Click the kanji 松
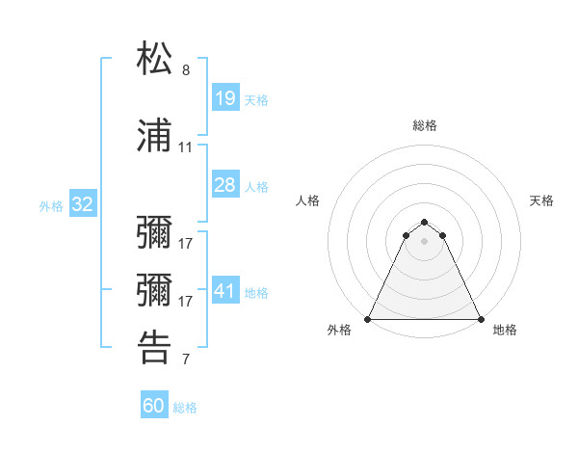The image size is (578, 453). tap(154, 59)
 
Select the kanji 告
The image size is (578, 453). tap(154, 348)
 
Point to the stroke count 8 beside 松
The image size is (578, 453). tap(186, 71)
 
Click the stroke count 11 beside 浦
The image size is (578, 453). tap(186, 147)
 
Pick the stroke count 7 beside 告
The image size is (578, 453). tap(186, 360)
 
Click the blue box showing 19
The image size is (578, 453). tap(224, 97)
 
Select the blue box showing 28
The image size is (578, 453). tap(224, 185)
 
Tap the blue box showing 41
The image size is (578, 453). tap(224, 291)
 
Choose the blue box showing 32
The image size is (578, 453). tap(83, 204)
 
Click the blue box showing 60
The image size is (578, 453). tap(154, 406)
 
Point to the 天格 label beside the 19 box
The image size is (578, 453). tap(256, 99)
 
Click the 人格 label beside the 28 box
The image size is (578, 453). tap(256, 187)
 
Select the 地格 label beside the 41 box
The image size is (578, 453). tap(256, 293)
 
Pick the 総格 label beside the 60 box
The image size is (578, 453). tap(185, 408)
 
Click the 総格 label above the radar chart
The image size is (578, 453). tap(425, 125)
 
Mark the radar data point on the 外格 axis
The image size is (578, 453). tap(368, 319)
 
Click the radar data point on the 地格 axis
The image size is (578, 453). tap(481, 319)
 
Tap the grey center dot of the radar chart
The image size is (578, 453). tap(425, 241)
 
